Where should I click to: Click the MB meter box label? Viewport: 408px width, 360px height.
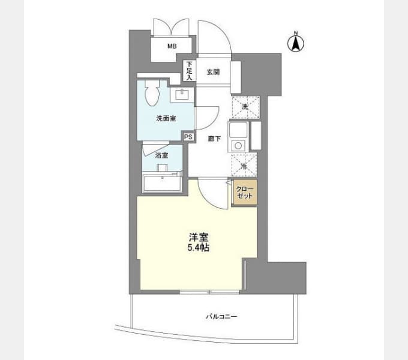(x=172, y=46)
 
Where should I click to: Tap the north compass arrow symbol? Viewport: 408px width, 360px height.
(x=296, y=43)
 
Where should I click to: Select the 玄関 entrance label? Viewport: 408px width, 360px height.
(x=214, y=72)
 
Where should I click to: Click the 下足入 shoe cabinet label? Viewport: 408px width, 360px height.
(x=189, y=71)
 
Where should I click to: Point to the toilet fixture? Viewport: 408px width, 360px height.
(x=152, y=92)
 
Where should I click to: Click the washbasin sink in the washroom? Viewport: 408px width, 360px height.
(x=182, y=94)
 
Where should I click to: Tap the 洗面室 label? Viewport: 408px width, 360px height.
(x=166, y=119)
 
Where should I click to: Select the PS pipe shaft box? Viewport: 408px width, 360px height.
(x=188, y=137)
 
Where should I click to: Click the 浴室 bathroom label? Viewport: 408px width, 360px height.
(x=161, y=155)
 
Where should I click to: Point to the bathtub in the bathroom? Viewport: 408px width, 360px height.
(x=162, y=183)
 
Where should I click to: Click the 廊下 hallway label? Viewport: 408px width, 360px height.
(x=214, y=139)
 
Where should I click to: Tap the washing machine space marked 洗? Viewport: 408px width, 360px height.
(x=245, y=107)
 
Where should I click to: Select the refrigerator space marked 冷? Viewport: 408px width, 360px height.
(x=244, y=166)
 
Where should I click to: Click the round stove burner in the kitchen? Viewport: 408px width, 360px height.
(x=238, y=145)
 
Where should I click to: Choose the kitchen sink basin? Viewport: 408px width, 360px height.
(x=238, y=130)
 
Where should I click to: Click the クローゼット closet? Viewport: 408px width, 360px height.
(x=245, y=193)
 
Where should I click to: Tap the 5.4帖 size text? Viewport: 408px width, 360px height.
(x=199, y=247)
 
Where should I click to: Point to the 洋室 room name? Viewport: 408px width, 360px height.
(x=199, y=237)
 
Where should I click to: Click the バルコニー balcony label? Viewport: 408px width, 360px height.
(x=221, y=317)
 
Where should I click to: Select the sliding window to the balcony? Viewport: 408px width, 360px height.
(x=210, y=292)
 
